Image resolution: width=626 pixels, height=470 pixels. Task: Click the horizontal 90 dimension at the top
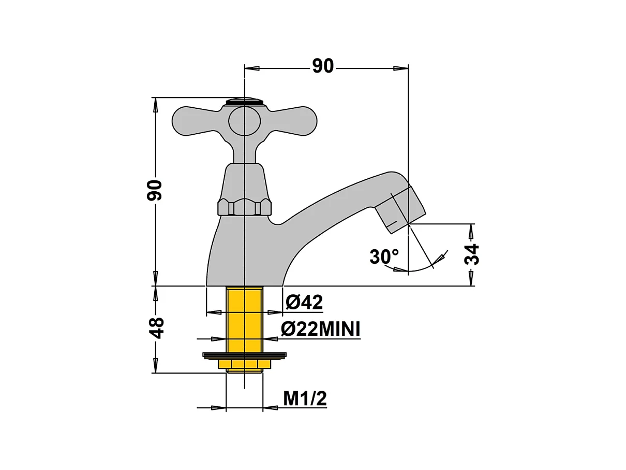[323, 66]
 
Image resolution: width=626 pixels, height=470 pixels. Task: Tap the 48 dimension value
[156, 327]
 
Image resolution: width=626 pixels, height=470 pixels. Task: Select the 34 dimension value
[472, 254]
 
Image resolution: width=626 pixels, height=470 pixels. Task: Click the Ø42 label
[304, 302]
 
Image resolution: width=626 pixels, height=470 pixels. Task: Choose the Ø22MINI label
[320, 329]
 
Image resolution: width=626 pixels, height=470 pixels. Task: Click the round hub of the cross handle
[244, 120]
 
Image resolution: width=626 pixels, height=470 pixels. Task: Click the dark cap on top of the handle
[245, 101]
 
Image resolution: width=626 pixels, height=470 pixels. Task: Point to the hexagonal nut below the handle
[244, 207]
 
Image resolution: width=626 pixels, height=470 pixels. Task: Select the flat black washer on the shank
[244, 355]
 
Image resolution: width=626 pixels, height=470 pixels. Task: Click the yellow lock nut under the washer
[244, 364]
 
